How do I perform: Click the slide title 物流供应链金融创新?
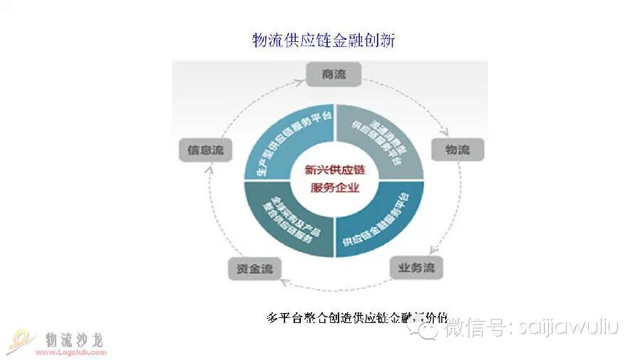(324, 40)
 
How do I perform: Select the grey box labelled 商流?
(334, 73)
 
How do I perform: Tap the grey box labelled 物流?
(457, 149)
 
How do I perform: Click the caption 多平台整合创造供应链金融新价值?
(356, 317)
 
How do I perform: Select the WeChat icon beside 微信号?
(430, 327)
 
